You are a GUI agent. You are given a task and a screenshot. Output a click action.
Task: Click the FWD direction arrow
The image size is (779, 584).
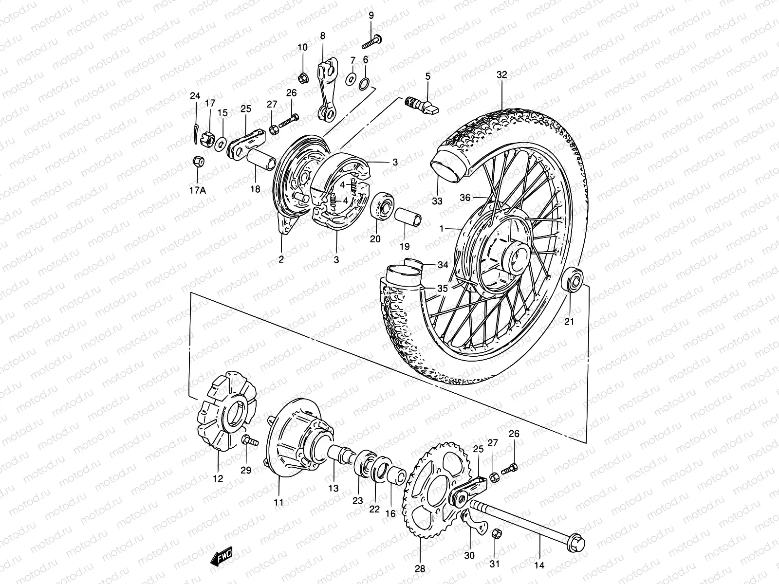[x=222, y=556]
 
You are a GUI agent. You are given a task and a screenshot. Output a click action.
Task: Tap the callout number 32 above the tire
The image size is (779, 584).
[x=501, y=75]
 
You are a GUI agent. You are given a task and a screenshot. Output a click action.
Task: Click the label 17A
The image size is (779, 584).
[x=198, y=191]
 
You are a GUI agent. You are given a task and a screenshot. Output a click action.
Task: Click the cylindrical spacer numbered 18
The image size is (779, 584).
[x=261, y=163]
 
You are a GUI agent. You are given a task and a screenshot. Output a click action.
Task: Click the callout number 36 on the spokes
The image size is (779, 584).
[x=465, y=198]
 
